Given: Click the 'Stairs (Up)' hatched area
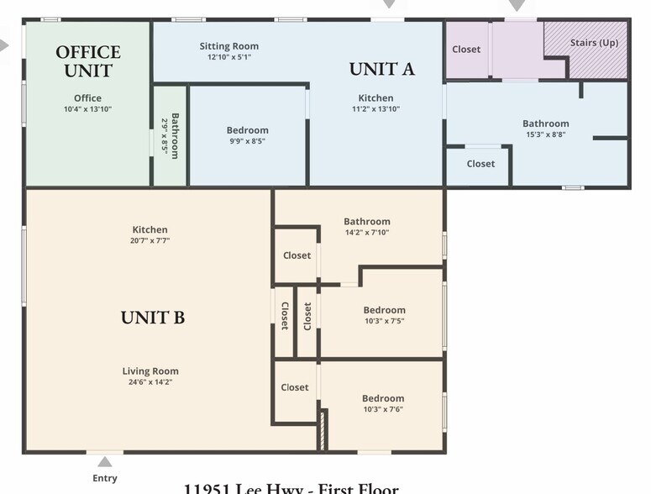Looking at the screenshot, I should pyautogui.click(x=585, y=50).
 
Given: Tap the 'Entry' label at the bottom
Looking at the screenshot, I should pyautogui.click(x=105, y=478).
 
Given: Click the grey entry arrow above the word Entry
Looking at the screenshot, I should pyautogui.click(x=105, y=461).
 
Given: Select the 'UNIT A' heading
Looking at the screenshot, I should pyautogui.click(x=381, y=69).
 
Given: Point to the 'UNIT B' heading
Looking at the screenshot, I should pyautogui.click(x=152, y=318).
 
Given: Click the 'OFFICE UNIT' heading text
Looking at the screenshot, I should pyautogui.click(x=88, y=61).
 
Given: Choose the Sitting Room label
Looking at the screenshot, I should pyautogui.click(x=228, y=46).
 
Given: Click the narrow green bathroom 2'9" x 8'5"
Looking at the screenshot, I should pyautogui.click(x=170, y=134).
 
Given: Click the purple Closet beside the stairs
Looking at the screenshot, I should pyautogui.click(x=466, y=50).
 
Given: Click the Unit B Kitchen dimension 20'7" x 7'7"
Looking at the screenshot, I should pyautogui.click(x=150, y=240).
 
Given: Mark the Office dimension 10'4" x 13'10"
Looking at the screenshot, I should pyautogui.click(x=87, y=109).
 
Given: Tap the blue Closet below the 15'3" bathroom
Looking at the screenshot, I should pyautogui.click(x=480, y=164).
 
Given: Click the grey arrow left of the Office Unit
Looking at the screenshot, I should pyautogui.click(x=5, y=45).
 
